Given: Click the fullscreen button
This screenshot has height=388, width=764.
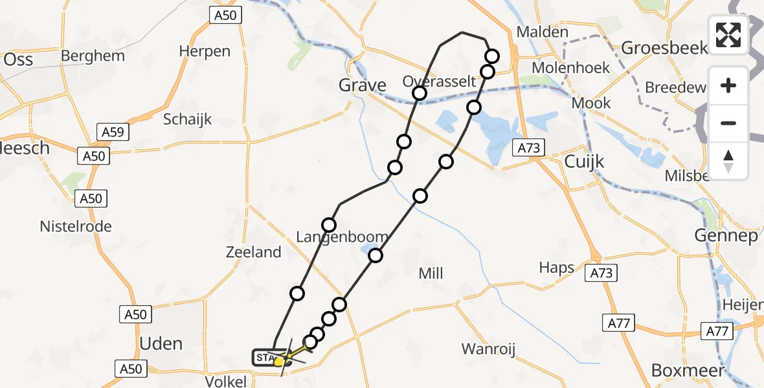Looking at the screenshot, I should pos(728,35).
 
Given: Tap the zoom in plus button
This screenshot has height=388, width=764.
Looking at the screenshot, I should pos(728,85).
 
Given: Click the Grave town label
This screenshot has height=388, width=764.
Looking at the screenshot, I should pos(363,85).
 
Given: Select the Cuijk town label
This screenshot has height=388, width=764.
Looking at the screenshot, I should pos(584,161).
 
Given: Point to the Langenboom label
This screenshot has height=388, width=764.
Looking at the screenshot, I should pos(342,237).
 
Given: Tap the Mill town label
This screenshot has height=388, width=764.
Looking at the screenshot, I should pos(431,274).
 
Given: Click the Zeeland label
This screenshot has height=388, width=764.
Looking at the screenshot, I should pos(254,252).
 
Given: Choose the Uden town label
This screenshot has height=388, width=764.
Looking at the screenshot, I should pos(161,343).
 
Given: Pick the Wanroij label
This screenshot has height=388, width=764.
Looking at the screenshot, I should pos(488,350).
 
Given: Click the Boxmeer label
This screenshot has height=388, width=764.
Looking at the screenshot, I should pos(679,371).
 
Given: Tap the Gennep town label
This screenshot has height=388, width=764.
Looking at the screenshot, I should pos(726,236).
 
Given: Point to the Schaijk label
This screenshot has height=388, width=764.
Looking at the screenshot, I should pos(188,119).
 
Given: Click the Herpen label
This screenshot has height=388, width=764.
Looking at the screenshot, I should pos(205,51).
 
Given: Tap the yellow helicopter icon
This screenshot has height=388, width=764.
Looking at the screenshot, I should pos(280,361).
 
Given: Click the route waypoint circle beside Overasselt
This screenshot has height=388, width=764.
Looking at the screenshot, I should pos(420,94).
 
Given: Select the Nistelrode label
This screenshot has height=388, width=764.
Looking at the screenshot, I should pos(76,226).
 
